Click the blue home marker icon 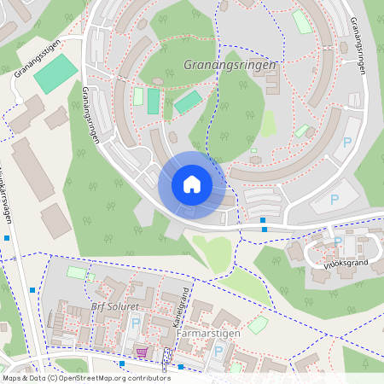click(x=191, y=184)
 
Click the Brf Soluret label click(x=113, y=306)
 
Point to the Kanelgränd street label click(x=180, y=309)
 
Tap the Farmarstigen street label click(x=208, y=333)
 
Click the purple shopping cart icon click(x=142, y=352)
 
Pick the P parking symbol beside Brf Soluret click(x=136, y=323)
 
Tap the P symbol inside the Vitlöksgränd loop click(x=338, y=241)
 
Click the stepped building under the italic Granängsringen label click(x=271, y=84)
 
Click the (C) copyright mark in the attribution click(x=53, y=377)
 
